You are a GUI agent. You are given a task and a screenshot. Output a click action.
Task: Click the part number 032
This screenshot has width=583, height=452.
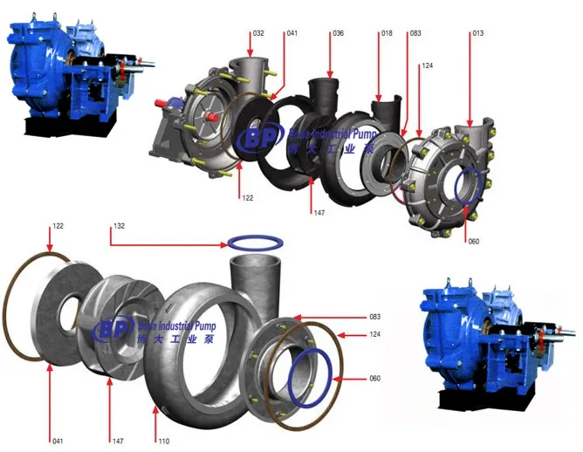(x=258, y=33)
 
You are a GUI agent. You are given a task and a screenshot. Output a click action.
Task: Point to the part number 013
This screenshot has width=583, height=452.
(x=477, y=33)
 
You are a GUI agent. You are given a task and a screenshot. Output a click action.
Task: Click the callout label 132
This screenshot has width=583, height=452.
(x=119, y=226)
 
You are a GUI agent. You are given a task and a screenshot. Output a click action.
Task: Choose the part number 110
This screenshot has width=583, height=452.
(x=163, y=442)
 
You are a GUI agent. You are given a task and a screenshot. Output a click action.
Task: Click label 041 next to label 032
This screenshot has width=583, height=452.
(x=291, y=33)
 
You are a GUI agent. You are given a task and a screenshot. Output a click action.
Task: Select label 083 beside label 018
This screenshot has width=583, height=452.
(x=415, y=33)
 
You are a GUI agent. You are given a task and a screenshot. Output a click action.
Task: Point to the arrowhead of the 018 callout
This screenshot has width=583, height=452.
(x=380, y=99)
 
